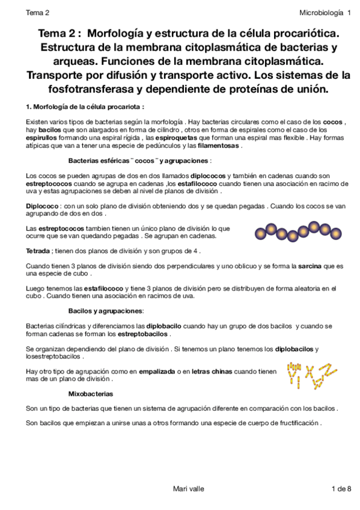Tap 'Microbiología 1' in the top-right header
click(x=325, y=12)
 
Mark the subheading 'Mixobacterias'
click(x=91, y=394)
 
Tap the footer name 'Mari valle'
click(x=188, y=488)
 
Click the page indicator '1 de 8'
click(x=341, y=488)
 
